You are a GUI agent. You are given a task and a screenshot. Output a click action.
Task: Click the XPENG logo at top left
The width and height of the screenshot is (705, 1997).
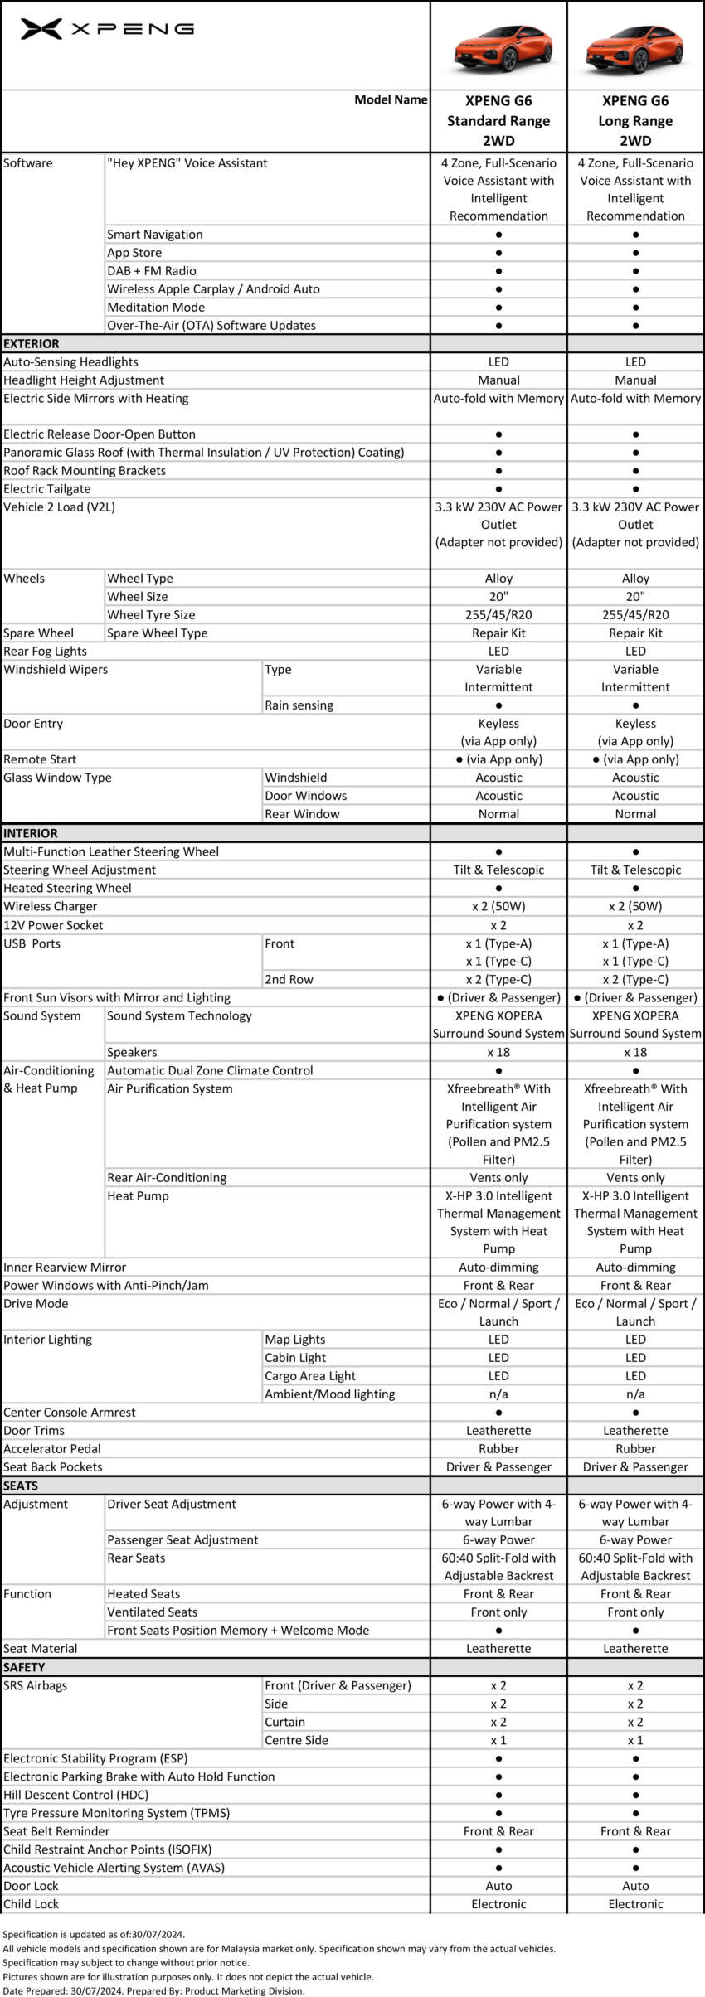107,29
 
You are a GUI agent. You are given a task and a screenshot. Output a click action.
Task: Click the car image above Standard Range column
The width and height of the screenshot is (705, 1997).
498,47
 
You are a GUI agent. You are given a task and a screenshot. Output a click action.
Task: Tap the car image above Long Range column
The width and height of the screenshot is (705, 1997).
635,47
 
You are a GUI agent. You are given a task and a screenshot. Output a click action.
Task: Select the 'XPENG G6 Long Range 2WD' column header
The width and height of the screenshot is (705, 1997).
635,121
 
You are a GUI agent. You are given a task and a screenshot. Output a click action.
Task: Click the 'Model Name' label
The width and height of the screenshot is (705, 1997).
391,99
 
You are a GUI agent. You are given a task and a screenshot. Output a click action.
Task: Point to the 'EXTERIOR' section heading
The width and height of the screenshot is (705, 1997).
32,343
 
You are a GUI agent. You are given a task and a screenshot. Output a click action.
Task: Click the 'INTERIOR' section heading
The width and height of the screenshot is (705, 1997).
31,833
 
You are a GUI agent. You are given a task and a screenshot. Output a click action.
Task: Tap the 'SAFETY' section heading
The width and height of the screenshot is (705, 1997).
24,1667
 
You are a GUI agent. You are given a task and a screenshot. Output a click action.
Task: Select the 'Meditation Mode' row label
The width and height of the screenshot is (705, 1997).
156,307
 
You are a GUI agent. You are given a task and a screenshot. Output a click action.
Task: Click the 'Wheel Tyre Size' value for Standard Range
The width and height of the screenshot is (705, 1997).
498,614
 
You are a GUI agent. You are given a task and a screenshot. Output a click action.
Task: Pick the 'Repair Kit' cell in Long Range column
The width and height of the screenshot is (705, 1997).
635,633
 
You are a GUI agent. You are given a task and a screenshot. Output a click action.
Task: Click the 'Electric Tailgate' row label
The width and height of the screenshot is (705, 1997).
47,488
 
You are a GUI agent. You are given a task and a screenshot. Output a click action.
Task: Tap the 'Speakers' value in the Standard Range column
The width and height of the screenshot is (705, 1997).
498,1052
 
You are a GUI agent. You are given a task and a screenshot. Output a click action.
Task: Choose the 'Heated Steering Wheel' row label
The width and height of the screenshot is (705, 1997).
67,888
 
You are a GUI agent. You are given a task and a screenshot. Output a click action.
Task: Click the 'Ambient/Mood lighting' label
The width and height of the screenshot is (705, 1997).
330,1394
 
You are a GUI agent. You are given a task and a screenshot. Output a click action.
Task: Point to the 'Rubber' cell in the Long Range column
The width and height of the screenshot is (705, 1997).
635,1448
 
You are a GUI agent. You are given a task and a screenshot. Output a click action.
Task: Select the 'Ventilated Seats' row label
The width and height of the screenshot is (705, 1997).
153,1612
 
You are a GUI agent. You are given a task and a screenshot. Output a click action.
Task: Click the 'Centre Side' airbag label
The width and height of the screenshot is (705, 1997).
296,1740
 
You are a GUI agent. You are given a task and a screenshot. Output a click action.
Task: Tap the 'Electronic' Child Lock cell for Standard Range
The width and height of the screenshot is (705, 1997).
498,1904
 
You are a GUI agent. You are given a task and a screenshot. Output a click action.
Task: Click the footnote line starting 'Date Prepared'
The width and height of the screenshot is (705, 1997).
153,1990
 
